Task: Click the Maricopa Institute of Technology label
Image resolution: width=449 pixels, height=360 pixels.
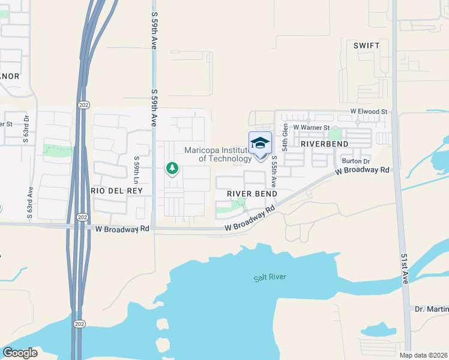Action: [x=218, y=154]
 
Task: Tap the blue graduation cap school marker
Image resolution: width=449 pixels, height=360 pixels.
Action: [x=260, y=144]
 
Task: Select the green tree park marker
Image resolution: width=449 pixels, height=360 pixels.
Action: [x=172, y=168]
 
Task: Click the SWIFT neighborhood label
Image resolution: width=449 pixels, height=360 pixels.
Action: [x=367, y=46]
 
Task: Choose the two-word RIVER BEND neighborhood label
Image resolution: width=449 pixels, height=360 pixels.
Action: [x=252, y=194]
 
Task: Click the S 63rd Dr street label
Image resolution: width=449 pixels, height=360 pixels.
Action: [x=26, y=127]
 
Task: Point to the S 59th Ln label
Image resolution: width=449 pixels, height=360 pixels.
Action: [x=137, y=170]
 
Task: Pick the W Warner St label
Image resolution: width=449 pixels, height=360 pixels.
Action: [x=312, y=127]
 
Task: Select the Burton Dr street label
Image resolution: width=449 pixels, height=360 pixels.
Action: [x=356, y=161]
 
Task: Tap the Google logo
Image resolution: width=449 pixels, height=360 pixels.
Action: [x=20, y=353]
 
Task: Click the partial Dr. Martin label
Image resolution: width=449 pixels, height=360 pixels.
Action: [x=432, y=309]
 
